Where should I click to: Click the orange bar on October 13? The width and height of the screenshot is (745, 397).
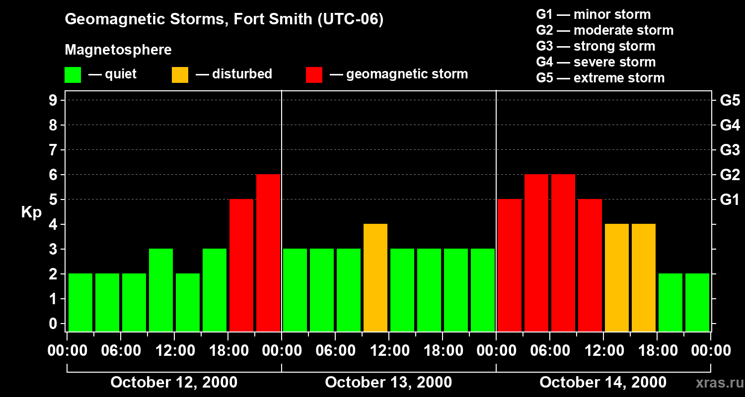click(375, 277)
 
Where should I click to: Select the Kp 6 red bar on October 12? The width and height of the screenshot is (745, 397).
click(268, 253)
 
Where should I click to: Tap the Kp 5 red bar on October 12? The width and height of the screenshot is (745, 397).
click(241, 265)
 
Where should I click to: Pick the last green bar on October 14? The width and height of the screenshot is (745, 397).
click(697, 302)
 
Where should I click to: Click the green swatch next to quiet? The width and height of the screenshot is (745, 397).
click(73, 75)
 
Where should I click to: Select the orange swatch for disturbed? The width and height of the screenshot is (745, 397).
click(180, 75)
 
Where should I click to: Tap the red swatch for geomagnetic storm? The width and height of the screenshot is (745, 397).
click(314, 75)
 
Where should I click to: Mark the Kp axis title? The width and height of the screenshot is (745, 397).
click(31, 212)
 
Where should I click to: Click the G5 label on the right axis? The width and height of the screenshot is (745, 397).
click(730, 101)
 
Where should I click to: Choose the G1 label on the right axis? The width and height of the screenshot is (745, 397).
click(730, 200)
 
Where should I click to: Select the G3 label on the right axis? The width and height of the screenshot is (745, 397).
click(730, 150)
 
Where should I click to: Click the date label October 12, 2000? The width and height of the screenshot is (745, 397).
click(174, 383)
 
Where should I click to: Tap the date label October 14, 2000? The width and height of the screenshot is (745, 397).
click(603, 383)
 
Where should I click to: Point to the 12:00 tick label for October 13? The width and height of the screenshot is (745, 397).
click(389, 351)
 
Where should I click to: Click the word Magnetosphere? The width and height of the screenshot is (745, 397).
click(118, 50)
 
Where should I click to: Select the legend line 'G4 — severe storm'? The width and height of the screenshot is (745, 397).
click(596, 62)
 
